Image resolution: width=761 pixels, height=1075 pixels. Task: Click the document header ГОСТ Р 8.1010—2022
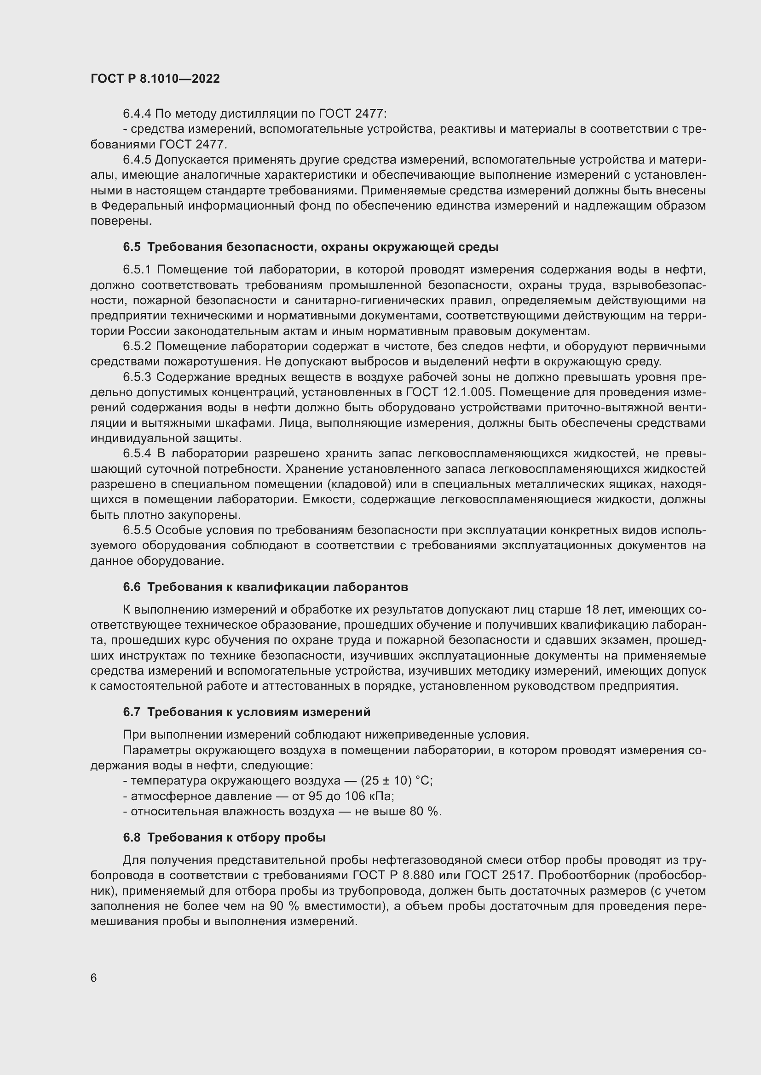155,79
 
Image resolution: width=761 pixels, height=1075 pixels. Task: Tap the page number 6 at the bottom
94,978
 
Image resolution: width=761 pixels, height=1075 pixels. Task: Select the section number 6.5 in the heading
132,247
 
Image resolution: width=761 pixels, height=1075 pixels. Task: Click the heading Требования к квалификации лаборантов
277,587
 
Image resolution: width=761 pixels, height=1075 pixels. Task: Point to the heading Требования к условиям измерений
259,712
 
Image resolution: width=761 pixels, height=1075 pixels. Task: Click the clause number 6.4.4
137,114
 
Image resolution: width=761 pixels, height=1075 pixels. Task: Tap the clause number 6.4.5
137,160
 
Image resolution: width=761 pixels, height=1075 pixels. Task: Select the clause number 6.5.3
137,377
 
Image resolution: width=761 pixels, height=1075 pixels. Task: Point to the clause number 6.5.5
137,530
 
